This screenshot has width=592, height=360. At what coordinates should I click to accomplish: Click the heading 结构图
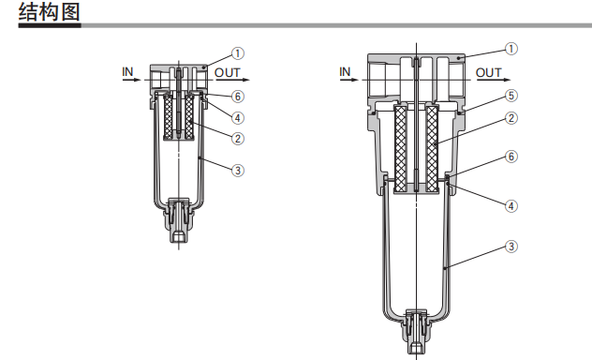(50, 12)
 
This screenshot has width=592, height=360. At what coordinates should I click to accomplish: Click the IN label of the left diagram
(127, 71)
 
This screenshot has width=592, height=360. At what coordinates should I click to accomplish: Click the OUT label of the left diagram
(228, 72)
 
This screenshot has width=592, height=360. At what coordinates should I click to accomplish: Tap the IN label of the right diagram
(345, 71)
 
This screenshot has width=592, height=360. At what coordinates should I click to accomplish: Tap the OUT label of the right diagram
(489, 72)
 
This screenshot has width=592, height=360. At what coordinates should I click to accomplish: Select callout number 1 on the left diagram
(238, 53)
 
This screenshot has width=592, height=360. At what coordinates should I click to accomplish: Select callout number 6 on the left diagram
(238, 97)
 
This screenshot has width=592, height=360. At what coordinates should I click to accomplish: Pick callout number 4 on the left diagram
(238, 118)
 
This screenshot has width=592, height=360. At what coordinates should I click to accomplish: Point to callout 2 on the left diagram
(238, 139)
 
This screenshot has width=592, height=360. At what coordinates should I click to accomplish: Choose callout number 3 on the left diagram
(238, 171)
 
